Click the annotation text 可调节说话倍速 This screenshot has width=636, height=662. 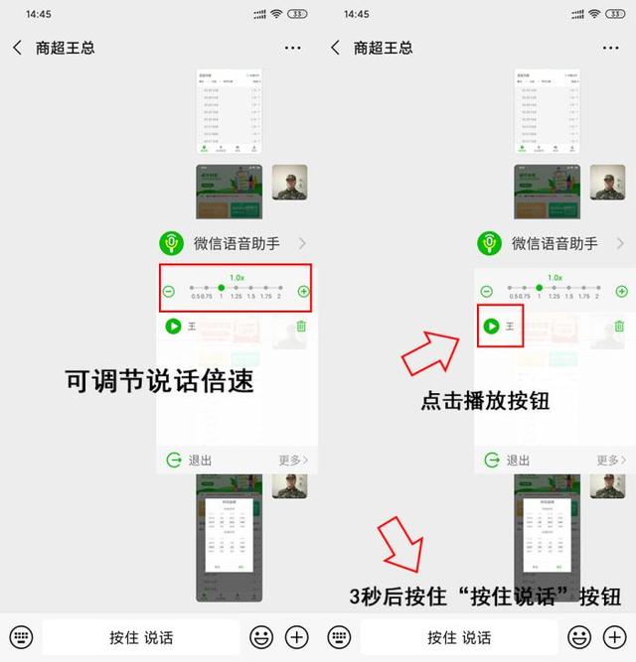click(x=160, y=381)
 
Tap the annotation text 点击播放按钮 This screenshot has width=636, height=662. click(x=486, y=402)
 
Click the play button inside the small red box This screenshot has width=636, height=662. click(x=491, y=326)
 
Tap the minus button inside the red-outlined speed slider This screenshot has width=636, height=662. click(x=169, y=292)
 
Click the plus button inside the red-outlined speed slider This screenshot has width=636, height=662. click(x=303, y=292)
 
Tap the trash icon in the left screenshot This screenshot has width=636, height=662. click(x=301, y=326)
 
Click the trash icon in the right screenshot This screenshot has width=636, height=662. click(x=619, y=326)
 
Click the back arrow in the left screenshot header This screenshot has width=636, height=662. click(x=17, y=48)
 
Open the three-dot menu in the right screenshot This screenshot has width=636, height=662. click(x=610, y=48)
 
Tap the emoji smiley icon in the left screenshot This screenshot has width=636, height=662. click(x=261, y=637)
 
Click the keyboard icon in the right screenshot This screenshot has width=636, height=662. click(x=339, y=637)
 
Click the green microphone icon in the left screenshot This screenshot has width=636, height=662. click(x=172, y=243)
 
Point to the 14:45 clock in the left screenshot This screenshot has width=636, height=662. click(x=39, y=14)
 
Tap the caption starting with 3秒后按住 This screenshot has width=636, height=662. click(x=485, y=597)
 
